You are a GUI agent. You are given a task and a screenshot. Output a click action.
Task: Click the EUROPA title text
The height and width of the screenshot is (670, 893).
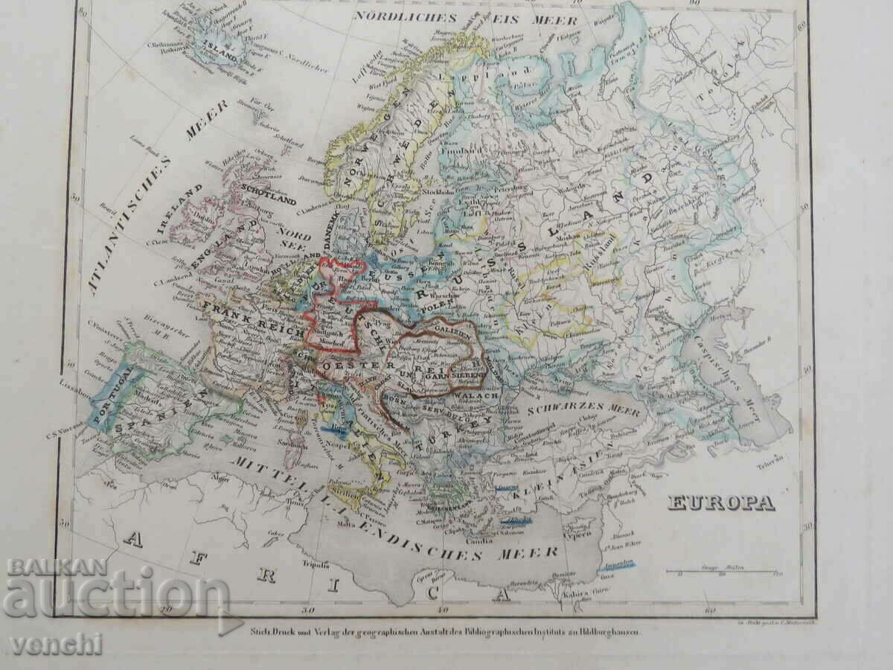(720, 503)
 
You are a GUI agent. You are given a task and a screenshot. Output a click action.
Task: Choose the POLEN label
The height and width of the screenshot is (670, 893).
(431, 305)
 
